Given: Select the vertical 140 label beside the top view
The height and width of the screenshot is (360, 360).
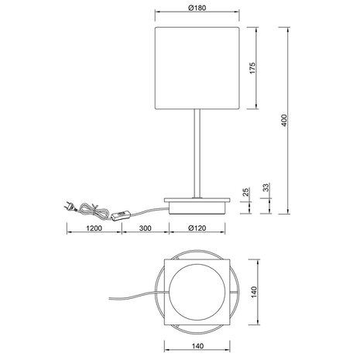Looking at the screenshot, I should pos(252,292).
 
